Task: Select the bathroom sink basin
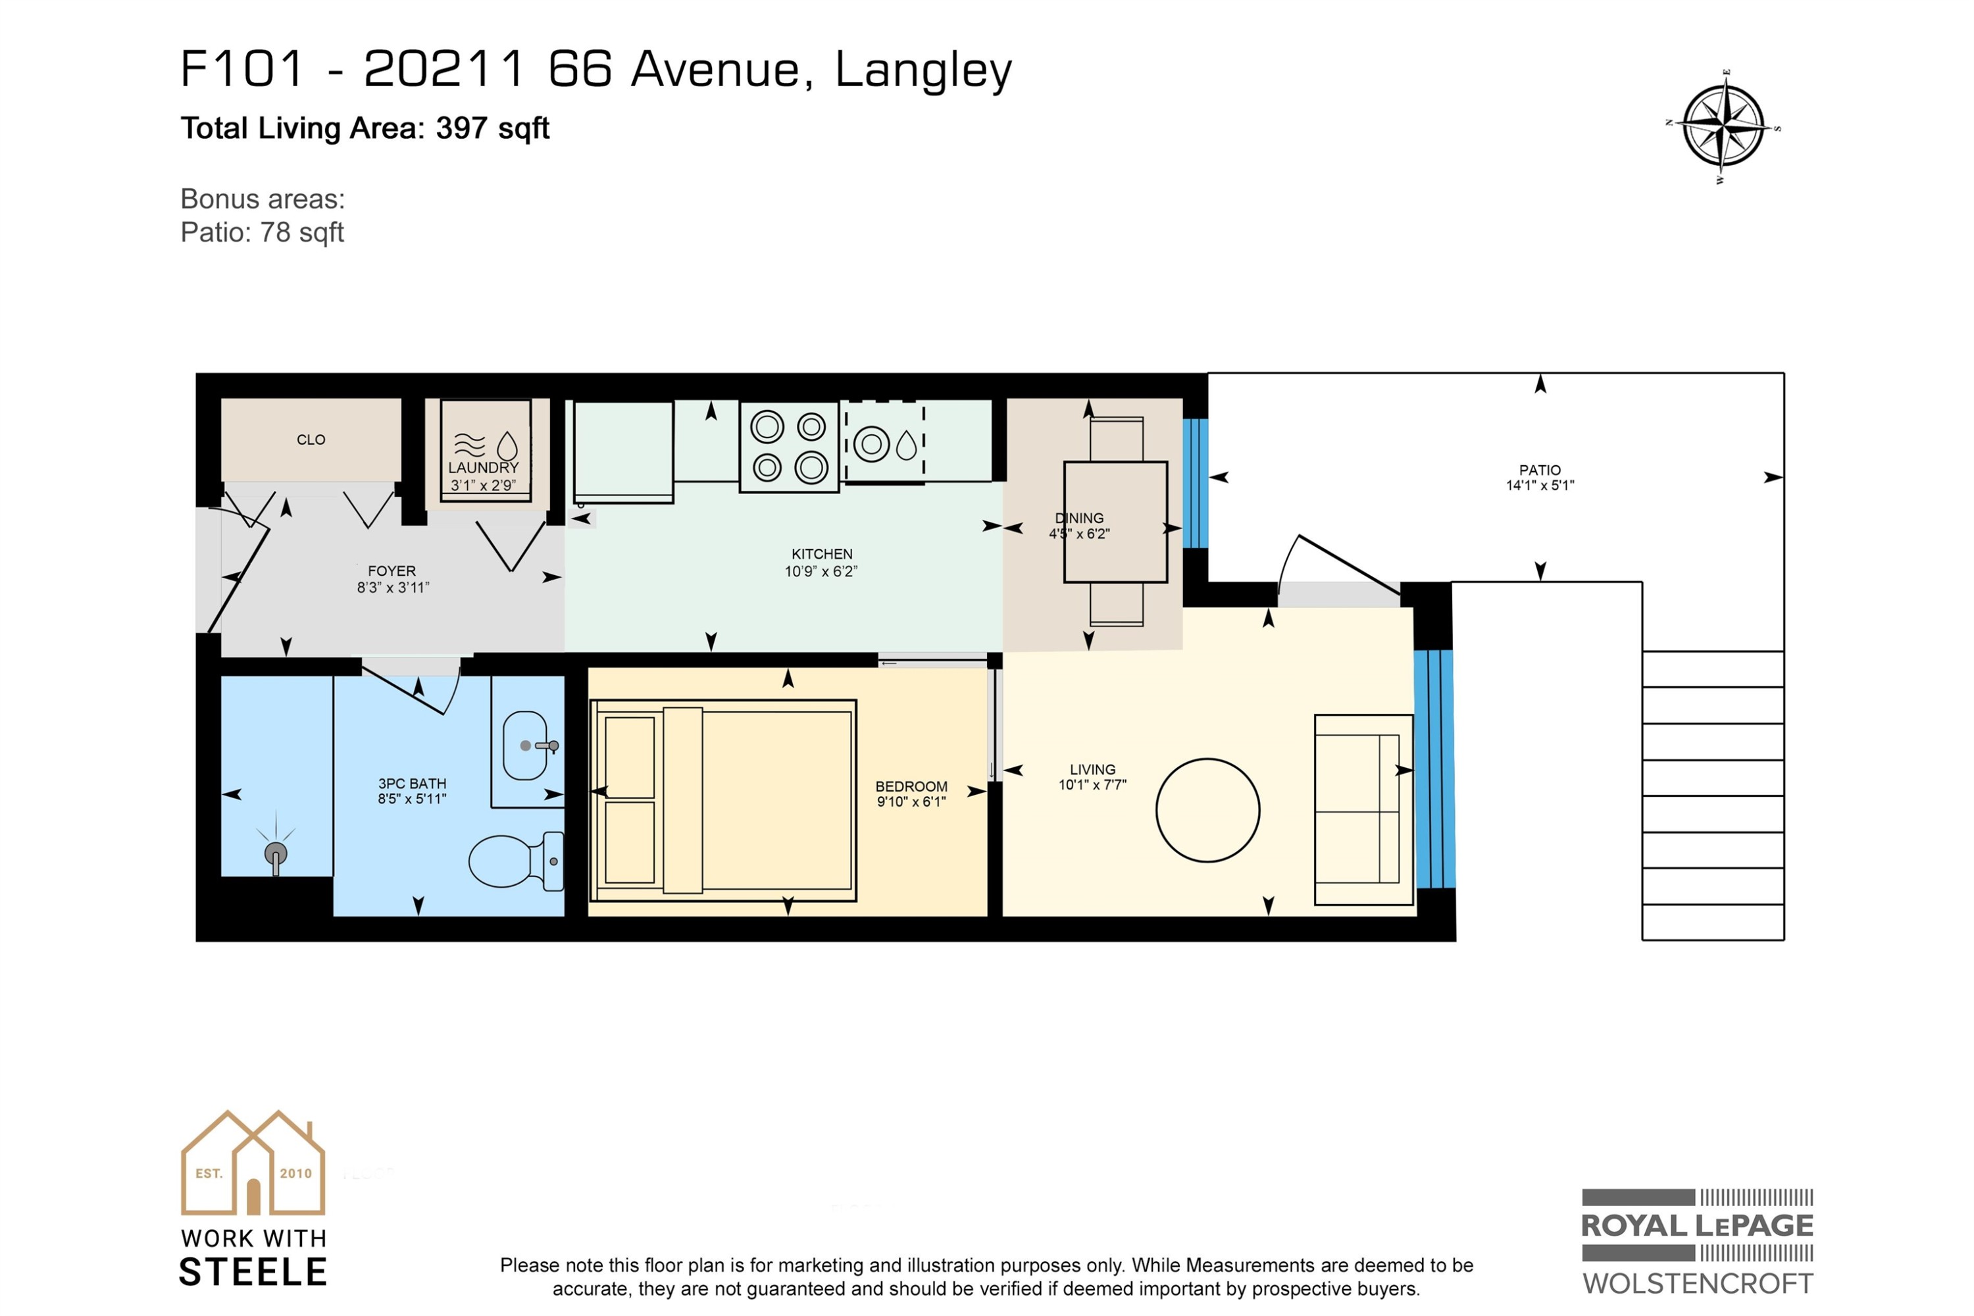point(525,746)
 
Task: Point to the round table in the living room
point(1207,810)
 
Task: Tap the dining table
point(1115,522)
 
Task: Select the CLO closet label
point(311,440)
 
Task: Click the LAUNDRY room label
point(484,467)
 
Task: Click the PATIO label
point(1540,470)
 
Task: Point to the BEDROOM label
point(911,786)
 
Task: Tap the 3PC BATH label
point(412,783)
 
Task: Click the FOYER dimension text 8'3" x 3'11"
point(393,588)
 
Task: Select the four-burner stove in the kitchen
point(789,447)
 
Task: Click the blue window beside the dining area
point(1195,484)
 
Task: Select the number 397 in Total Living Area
point(462,128)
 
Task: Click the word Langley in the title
point(923,71)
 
